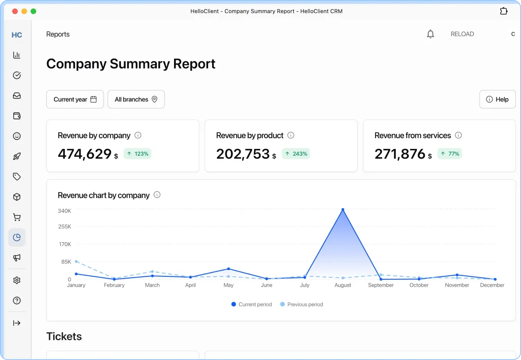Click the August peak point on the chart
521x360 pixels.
[x=343, y=210]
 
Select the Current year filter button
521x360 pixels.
[x=75, y=99]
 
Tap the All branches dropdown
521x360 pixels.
[x=136, y=99]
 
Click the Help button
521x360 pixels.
[x=497, y=99]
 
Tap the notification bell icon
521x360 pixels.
[x=430, y=34]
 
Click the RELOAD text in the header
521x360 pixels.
[x=462, y=34]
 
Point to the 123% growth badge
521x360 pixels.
[x=137, y=154]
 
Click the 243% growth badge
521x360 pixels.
[x=296, y=154]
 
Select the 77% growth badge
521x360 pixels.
[x=450, y=154]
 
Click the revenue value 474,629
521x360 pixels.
[x=84, y=154]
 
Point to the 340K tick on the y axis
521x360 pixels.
[x=65, y=211]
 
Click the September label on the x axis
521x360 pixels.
[x=381, y=285]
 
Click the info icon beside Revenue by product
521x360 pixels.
[x=291, y=135]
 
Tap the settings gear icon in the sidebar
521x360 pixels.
[x=17, y=280]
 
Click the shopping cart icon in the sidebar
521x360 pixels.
[x=17, y=217]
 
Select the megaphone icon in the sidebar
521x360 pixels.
[x=17, y=258]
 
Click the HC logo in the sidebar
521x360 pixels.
[x=17, y=35]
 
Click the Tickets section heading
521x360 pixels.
[x=64, y=337]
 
